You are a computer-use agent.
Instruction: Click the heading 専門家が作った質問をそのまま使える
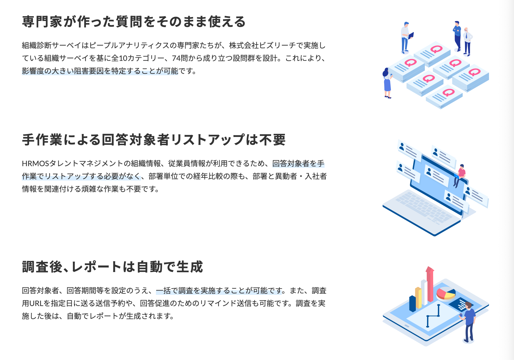point(134,22)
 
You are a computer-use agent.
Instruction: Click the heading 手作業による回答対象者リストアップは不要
point(154,140)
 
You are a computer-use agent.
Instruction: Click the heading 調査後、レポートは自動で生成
point(113,267)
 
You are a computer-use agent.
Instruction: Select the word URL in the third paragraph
point(36,303)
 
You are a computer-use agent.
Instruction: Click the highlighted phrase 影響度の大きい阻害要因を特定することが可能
point(100,71)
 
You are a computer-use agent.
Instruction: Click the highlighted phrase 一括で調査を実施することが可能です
point(219,291)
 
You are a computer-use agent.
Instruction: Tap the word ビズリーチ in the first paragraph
point(277,45)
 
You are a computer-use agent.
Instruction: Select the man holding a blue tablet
point(406,37)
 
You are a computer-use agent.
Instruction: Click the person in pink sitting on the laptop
point(459,175)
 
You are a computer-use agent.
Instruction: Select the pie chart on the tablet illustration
point(446,294)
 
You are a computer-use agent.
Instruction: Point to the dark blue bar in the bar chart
point(412,303)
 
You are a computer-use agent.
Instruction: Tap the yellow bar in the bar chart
point(418,298)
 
